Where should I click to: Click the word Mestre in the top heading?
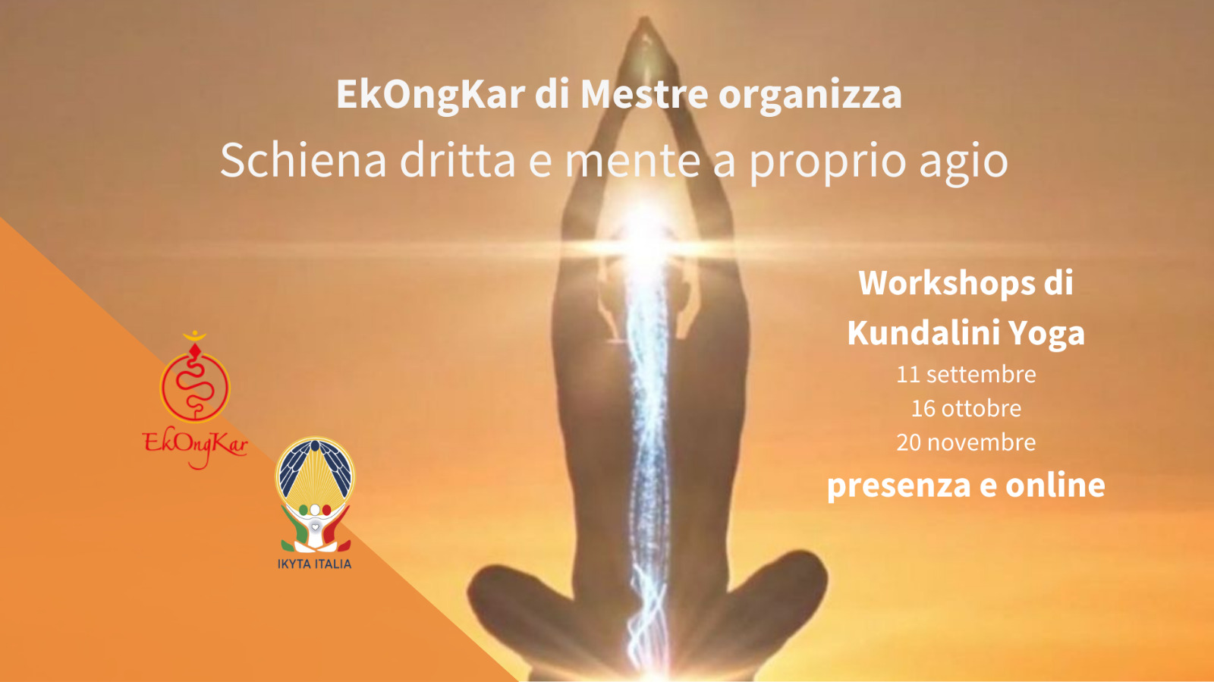(x=644, y=94)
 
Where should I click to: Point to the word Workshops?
(x=947, y=283)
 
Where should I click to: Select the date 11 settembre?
(x=966, y=374)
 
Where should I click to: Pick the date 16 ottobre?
(x=966, y=408)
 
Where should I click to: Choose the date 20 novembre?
(x=966, y=442)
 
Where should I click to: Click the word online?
(x=1055, y=485)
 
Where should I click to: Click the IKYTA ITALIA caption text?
(x=314, y=564)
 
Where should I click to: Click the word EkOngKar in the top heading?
(x=431, y=96)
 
